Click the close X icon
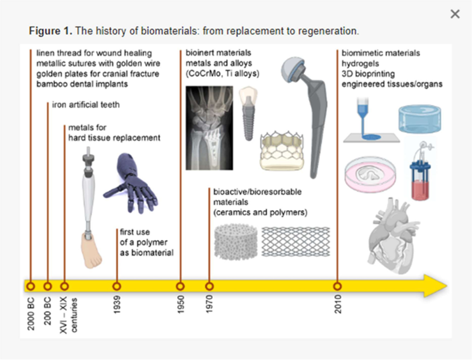pos(455,14)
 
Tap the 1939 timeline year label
pos(117,304)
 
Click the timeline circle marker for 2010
pos(337,286)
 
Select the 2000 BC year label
pos(31,314)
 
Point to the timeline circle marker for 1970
pos(209,286)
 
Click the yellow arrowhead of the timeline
pos(436,285)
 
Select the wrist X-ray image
pos(209,128)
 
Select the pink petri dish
pos(370,175)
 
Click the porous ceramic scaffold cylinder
pos(235,242)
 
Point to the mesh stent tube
pos(296,242)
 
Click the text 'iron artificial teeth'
pos(86,105)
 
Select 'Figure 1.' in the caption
pos(50,31)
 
